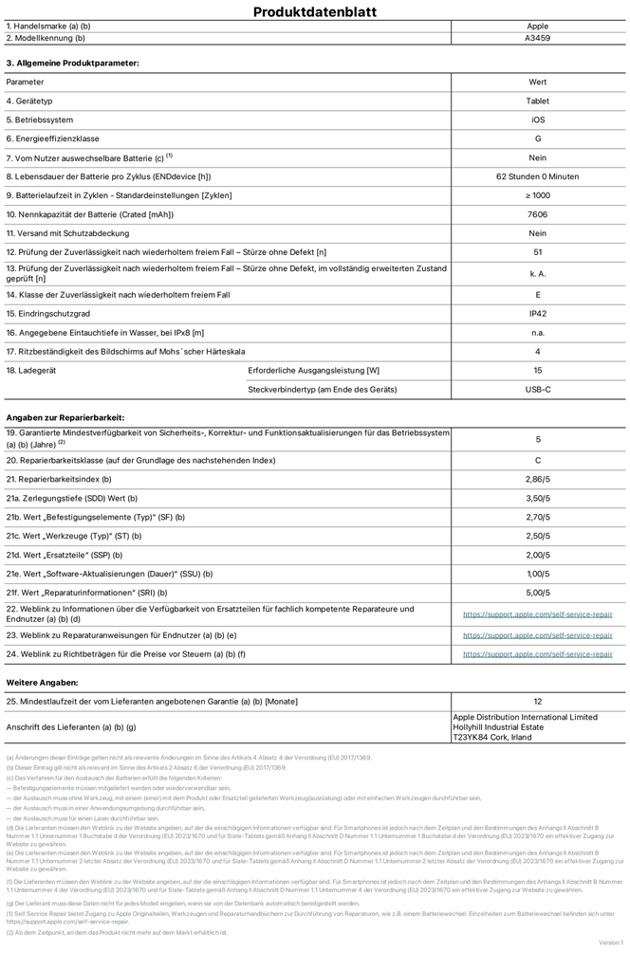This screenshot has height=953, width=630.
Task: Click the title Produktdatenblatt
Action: (x=315, y=12)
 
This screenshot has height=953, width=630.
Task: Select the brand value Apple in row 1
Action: (x=537, y=27)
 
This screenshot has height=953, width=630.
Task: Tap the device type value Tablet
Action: (x=537, y=101)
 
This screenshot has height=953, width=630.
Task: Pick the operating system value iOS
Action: (x=537, y=119)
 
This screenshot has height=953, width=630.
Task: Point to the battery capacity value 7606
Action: (x=537, y=214)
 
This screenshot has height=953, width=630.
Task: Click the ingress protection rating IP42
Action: (x=537, y=314)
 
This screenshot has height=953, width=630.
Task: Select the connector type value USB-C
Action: (x=537, y=390)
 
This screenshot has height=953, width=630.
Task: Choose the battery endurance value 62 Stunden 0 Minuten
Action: (x=537, y=176)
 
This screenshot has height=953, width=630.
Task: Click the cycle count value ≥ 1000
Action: (x=537, y=195)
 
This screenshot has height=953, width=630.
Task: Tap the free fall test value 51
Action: (x=537, y=251)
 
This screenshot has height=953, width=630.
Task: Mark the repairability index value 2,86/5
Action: (x=537, y=479)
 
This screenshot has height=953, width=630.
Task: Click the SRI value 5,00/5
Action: (x=537, y=593)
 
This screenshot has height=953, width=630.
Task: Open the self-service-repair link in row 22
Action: (x=537, y=614)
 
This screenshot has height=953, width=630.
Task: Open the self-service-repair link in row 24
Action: (x=537, y=654)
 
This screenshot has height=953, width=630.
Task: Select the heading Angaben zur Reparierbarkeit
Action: (x=65, y=417)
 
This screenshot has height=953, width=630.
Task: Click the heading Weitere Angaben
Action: (x=43, y=682)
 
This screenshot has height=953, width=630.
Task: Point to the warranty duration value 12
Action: (x=537, y=701)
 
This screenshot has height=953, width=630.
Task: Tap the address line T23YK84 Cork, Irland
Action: (x=492, y=737)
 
